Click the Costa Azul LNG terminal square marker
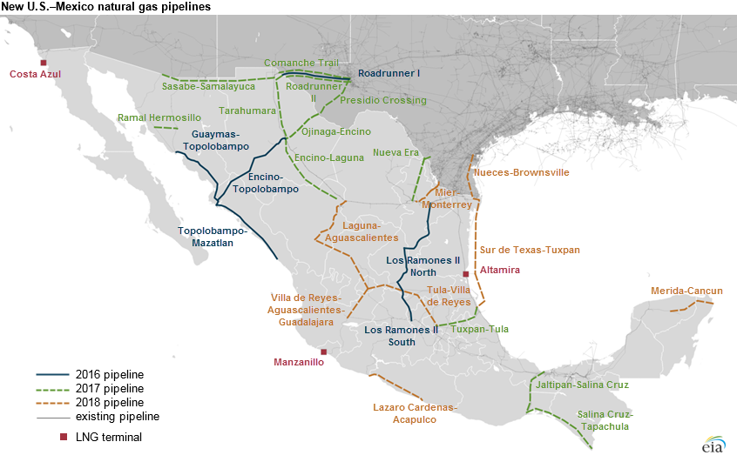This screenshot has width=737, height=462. click(x=43, y=63)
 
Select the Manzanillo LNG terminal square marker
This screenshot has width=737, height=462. click(x=324, y=352)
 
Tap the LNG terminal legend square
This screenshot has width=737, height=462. click(x=52, y=437)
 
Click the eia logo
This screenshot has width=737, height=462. click(x=713, y=443)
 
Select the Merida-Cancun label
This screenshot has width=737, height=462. click(x=686, y=291)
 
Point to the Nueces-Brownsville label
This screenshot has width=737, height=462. click(x=521, y=173)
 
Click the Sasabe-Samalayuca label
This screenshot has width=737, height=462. click(x=205, y=86)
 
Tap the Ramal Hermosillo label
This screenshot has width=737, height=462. click(x=159, y=117)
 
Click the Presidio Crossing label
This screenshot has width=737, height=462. click(x=383, y=100)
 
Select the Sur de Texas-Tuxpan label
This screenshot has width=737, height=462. click(x=530, y=250)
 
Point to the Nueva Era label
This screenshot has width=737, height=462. click(x=396, y=152)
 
